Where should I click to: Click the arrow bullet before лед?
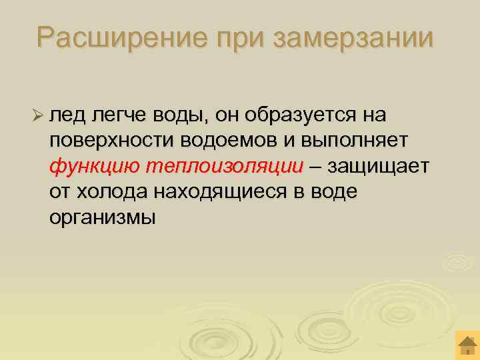coord(37,115)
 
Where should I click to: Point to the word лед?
coord(65,115)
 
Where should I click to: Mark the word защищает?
coord(379,166)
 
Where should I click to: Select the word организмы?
coord(102,217)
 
